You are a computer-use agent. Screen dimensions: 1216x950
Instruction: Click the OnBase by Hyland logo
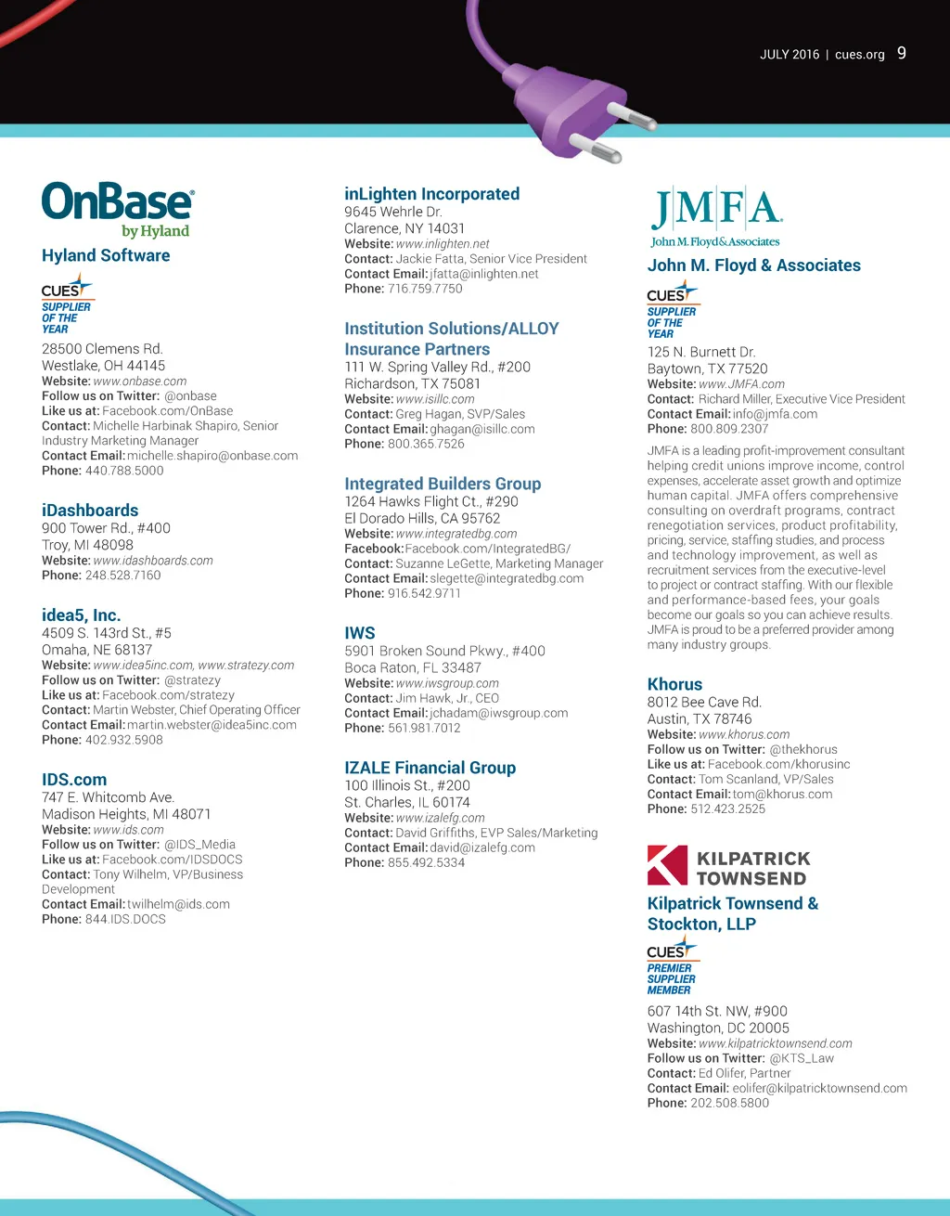[x=118, y=210]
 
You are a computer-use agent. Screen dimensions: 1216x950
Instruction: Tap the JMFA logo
[x=716, y=216]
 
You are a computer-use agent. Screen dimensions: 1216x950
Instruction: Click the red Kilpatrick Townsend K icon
[x=667, y=865]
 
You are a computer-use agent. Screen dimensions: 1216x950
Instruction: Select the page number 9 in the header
[x=902, y=54]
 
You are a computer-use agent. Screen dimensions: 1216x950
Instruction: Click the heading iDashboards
[x=90, y=511]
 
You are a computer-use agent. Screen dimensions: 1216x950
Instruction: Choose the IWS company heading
[x=360, y=633]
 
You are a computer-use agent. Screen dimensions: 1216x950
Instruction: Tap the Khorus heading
[x=674, y=684]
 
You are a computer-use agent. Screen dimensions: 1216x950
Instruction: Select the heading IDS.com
[x=74, y=780]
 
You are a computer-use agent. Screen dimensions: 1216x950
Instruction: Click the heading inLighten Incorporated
[x=431, y=194]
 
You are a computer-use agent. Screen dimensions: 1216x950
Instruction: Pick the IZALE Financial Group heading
[x=430, y=768]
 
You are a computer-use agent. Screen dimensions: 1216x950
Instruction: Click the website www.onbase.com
[x=140, y=382]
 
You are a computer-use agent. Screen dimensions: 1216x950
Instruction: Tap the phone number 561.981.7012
[x=424, y=728]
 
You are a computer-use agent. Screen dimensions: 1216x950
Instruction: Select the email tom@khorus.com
[x=782, y=795]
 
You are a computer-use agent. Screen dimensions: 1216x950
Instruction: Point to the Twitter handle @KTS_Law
[x=802, y=1058]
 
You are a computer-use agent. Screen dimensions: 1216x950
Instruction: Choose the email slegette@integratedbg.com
[x=507, y=578]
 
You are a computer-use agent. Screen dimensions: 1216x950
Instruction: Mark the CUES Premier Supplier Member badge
[x=672, y=968]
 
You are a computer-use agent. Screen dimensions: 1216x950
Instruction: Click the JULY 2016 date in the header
[x=790, y=55]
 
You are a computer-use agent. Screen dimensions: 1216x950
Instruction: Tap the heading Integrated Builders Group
[x=443, y=484]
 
